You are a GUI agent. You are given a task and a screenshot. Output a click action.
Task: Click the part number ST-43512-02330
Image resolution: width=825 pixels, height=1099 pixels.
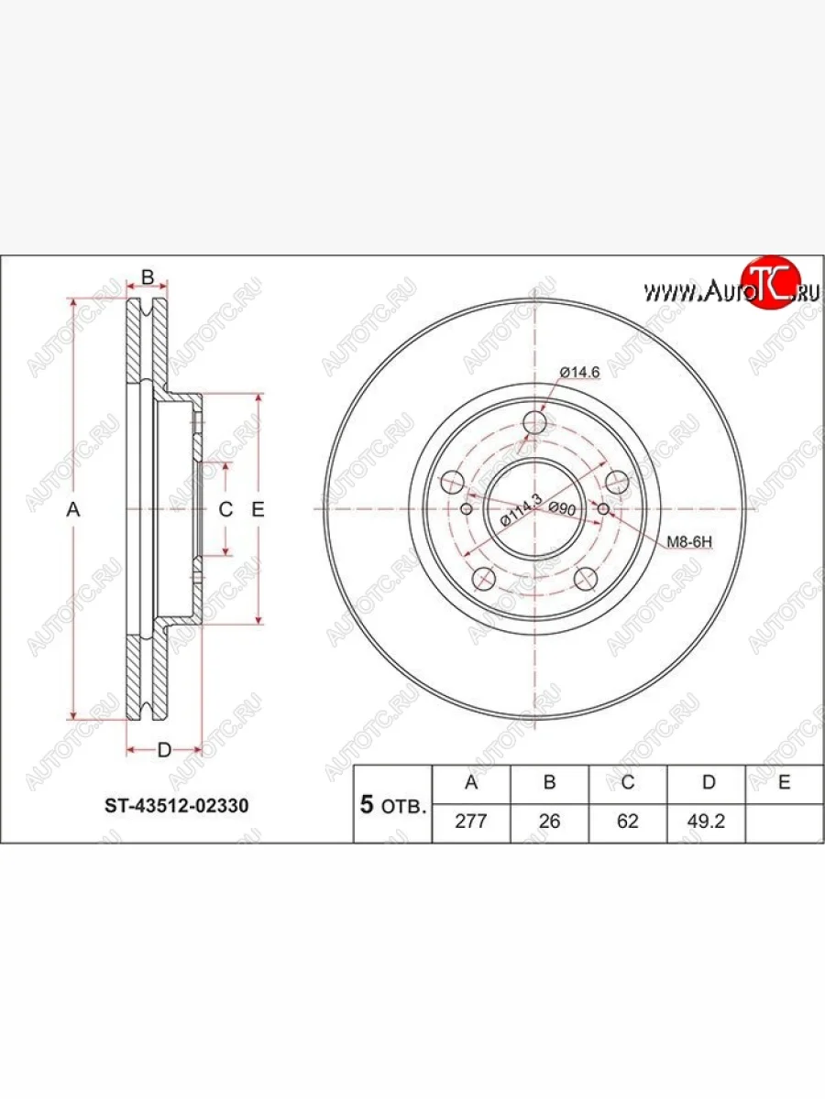coord(176,806)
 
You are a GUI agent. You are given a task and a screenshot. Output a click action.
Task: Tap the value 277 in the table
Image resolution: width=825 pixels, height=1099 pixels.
coord(471,822)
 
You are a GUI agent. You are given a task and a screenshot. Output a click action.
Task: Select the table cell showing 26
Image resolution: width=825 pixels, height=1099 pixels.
coord(549,822)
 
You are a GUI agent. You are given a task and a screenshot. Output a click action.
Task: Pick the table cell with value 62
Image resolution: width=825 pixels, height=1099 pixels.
coord(628,822)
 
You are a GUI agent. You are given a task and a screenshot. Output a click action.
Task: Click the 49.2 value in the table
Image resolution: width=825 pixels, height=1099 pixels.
coord(706,822)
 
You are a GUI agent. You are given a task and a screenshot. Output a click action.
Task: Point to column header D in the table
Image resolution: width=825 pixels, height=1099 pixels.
coord(709,782)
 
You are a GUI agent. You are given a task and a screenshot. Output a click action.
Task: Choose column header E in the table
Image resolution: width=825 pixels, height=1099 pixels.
coord(785,782)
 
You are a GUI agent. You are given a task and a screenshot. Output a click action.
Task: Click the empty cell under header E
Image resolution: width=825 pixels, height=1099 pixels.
coord(785,823)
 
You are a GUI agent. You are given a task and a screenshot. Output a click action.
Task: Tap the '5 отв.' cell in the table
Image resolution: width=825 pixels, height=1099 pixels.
coord(393,805)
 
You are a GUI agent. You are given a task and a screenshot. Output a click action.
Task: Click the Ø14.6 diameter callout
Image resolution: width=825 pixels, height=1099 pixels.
coord(579,373)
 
